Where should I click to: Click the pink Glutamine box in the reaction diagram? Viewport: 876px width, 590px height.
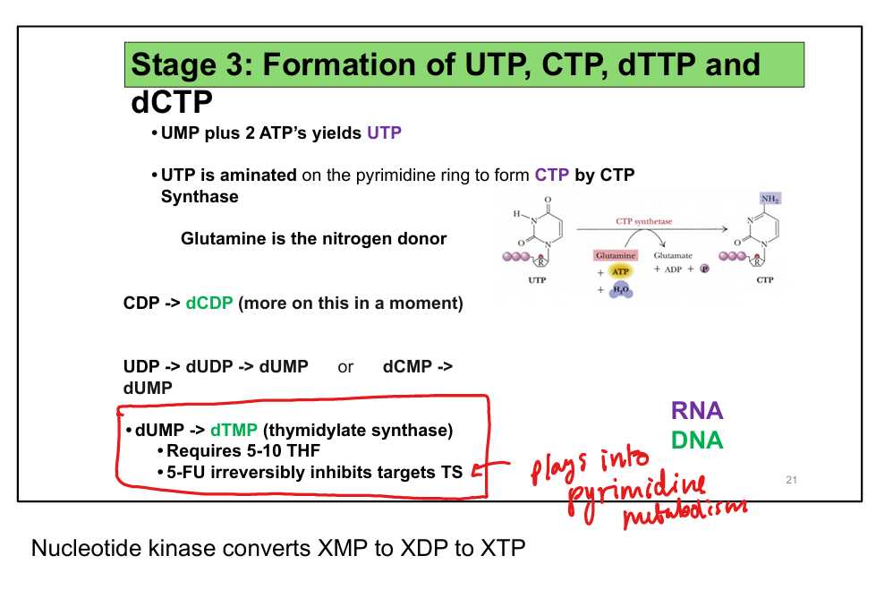tap(615, 256)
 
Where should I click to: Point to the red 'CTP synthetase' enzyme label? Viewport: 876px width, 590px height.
tap(643, 221)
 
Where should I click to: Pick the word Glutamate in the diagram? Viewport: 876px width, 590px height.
tap(673, 256)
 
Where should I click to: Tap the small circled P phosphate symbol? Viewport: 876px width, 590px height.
tap(704, 269)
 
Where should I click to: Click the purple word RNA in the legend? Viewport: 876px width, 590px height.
tap(697, 411)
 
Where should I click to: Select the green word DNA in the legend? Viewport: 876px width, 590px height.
tap(697, 440)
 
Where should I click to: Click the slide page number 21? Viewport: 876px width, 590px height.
tap(790, 481)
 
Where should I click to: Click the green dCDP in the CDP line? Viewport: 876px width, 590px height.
tap(209, 304)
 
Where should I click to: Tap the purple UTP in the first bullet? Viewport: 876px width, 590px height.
tap(384, 133)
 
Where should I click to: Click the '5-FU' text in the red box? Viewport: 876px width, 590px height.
tap(186, 473)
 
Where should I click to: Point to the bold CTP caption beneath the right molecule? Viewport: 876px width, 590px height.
tap(765, 280)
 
